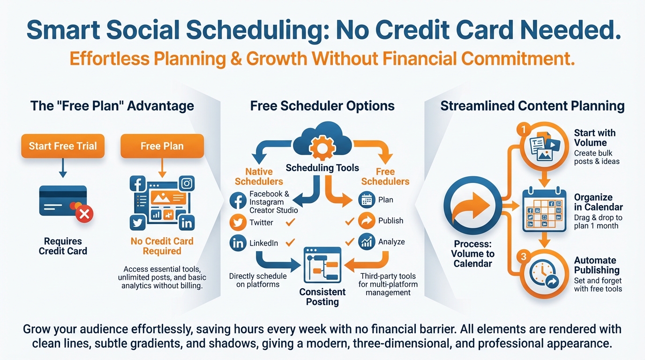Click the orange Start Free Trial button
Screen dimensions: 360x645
click(x=63, y=146)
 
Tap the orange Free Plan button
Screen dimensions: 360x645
click(x=162, y=146)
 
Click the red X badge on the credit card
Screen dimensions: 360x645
click(x=84, y=214)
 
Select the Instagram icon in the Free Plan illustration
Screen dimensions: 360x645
click(x=187, y=183)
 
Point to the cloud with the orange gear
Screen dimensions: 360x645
click(x=322, y=142)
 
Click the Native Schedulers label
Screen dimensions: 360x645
click(x=259, y=177)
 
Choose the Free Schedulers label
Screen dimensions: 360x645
click(x=385, y=177)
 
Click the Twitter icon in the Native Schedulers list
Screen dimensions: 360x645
click(x=238, y=223)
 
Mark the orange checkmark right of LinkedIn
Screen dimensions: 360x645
click(x=290, y=242)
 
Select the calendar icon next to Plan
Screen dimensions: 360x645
click(x=367, y=200)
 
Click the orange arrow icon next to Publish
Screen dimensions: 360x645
click(x=367, y=221)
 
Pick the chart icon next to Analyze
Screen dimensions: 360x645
click(x=367, y=242)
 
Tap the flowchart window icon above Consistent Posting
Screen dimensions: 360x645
click(x=322, y=265)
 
